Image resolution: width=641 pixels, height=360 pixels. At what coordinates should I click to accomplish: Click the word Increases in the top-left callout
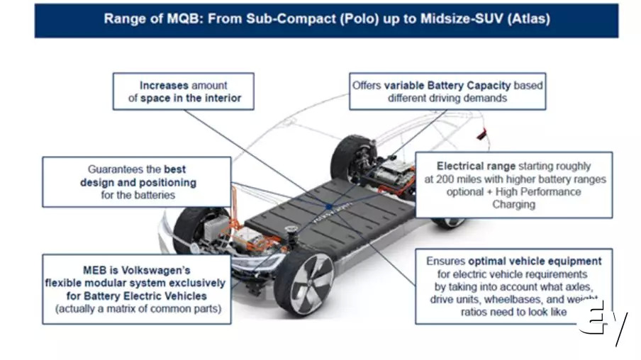point(164,86)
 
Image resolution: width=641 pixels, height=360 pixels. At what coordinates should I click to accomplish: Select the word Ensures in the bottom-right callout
point(446,261)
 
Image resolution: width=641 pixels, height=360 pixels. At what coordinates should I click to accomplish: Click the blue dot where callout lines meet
point(330,207)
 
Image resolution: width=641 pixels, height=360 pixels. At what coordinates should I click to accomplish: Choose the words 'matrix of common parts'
point(169,309)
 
